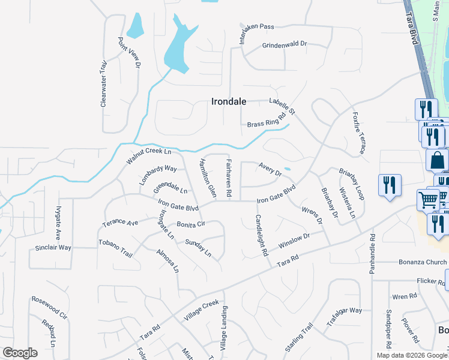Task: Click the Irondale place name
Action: tap(229, 101)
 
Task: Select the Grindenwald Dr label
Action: tap(285, 45)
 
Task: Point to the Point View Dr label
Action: tap(129, 52)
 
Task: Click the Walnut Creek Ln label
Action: tap(149, 155)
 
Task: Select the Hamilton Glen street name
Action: tap(208, 178)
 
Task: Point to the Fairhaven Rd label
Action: tap(229, 179)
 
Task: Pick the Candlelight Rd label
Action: tap(261, 235)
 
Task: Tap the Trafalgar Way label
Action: tap(344, 311)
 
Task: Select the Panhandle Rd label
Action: tap(372, 254)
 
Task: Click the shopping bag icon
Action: tap(437, 160)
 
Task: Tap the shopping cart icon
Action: tap(428, 199)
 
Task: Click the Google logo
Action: tap(20, 353)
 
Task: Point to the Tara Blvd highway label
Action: tap(411, 26)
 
